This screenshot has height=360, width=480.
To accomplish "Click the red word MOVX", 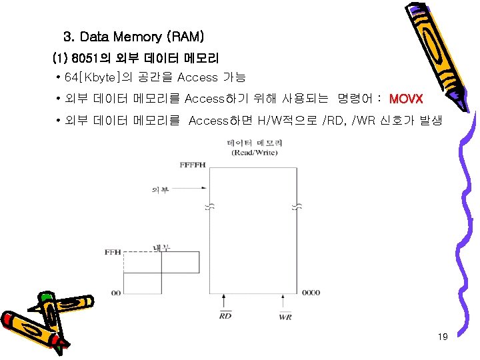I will pyautogui.click(x=405, y=99).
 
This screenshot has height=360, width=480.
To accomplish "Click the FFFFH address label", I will pyautogui.click(x=193, y=165).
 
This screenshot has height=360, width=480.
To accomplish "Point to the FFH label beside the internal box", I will pyautogui.click(x=113, y=252).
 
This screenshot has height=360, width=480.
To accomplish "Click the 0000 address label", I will pyautogui.click(x=310, y=293).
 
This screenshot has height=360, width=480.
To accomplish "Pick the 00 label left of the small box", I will pyautogui.click(x=116, y=293).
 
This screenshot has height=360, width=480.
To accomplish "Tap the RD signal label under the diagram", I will pyautogui.click(x=225, y=316).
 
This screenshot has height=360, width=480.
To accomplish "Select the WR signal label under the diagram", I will pyautogui.click(x=285, y=316).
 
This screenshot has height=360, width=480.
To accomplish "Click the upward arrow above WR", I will pyautogui.click(x=285, y=303).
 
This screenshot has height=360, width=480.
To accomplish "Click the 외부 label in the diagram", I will pyautogui.click(x=160, y=189).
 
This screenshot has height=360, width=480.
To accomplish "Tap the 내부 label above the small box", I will pyautogui.click(x=163, y=247).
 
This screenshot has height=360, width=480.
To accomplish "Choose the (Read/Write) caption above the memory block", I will pyautogui.click(x=254, y=153).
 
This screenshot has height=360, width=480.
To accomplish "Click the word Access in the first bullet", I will pyautogui.click(x=198, y=78).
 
